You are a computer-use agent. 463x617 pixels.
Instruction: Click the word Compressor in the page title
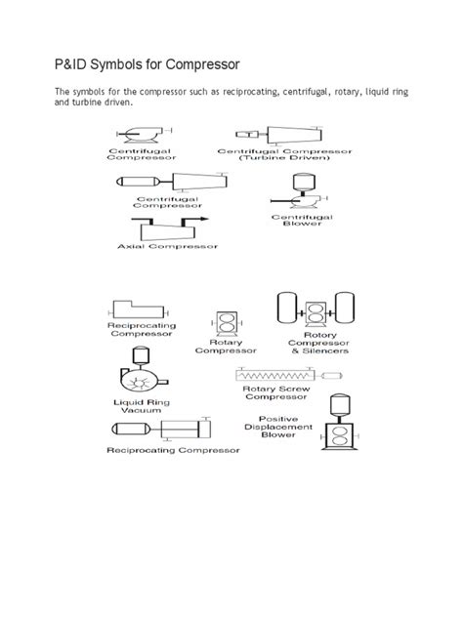point(202,64)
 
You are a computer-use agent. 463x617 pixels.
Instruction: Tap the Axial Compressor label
point(167,246)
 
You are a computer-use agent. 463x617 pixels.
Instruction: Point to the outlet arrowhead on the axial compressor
point(204,219)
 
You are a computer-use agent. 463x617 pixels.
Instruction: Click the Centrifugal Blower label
point(302,220)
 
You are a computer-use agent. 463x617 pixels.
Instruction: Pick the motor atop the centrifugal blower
point(304,182)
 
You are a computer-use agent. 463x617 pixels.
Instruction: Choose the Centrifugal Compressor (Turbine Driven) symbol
point(279,135)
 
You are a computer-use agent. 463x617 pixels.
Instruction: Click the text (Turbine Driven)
point(284,158)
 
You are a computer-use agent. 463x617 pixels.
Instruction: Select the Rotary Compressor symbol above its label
point(227,324)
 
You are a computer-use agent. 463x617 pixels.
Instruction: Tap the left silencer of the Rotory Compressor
point(286,308)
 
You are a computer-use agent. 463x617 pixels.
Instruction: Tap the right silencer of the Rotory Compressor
point(345,308)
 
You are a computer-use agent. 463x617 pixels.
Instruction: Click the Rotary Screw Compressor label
point(276,392)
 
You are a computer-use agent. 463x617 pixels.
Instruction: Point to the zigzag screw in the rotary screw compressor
point(274,376)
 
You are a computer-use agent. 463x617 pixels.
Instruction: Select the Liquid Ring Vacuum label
point(142,406)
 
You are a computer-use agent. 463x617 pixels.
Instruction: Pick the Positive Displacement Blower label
point(278,427)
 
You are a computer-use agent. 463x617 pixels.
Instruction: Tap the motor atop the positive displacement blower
point(340,404)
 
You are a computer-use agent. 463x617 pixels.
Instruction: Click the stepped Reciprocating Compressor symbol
point(138,309)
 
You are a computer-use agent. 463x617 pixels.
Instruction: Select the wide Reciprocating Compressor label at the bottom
point(173,450)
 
